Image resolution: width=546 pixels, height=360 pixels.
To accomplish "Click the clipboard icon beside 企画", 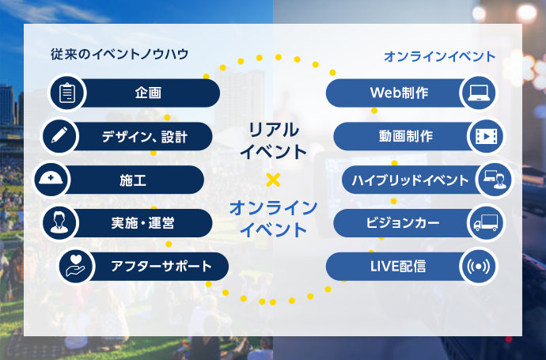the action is pos(67,93).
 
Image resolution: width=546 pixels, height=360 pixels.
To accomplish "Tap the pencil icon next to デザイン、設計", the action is pos(59,135).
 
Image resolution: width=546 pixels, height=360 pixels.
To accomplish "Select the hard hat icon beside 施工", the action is pos(51,179).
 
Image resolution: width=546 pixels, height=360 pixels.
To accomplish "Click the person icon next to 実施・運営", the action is pos(59,222).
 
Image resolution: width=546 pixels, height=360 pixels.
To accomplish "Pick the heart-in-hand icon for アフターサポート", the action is pos(75,266).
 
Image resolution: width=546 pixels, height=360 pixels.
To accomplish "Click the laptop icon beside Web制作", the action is pos(479,93).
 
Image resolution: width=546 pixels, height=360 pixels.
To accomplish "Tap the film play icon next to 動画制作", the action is pos(487,136).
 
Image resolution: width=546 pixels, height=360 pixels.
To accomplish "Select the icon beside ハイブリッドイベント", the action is pos(495,180).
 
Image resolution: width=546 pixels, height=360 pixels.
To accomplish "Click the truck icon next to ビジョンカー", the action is pos(486,223).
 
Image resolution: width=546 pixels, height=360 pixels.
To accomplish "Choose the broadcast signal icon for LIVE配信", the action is pos(479,267).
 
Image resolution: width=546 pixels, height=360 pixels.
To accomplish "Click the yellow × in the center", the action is pos(273,180).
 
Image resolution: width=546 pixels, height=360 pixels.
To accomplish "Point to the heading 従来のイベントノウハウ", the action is pos(119,55).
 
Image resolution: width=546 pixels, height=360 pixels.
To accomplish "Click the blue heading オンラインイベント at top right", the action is pos(439,56).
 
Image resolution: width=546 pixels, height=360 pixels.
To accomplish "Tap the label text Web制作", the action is pos(399,93).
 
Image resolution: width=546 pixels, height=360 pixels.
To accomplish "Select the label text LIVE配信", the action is pos(398,267).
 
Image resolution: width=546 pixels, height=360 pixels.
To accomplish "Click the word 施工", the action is pos(133,180).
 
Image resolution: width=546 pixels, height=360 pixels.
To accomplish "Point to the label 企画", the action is pos(148,93).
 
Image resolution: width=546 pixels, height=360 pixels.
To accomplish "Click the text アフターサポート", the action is pos(161,267).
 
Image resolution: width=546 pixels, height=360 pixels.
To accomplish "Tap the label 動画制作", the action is pos(406,136).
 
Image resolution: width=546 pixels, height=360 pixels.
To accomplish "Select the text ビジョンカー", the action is pos(403,223).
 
